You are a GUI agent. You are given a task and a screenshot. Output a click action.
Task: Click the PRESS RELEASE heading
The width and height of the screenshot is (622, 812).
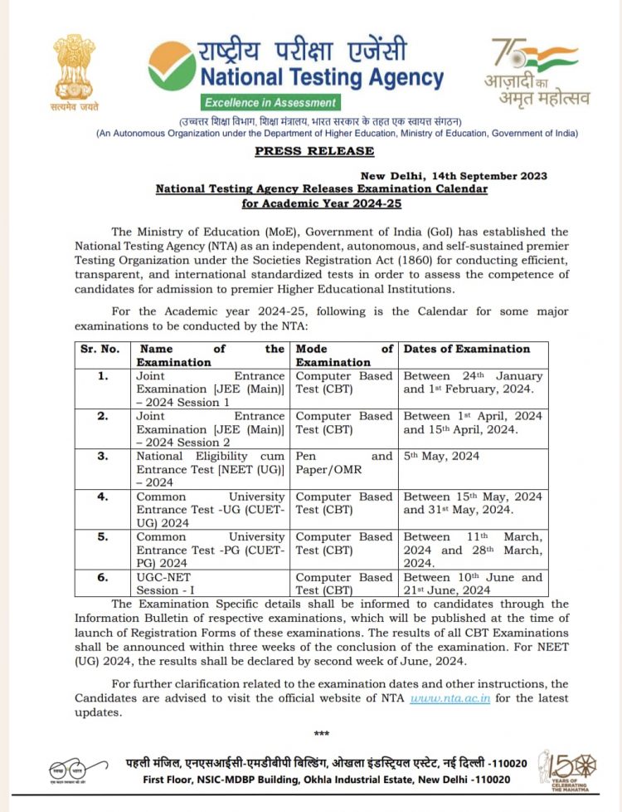click(314, 151)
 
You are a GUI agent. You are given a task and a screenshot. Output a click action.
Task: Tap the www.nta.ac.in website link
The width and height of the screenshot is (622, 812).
click(449, 698)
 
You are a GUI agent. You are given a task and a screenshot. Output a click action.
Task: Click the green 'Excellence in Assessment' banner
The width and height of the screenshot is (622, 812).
click(271, 103)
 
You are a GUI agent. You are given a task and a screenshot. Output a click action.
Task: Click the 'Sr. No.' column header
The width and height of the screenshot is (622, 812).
click(100, 349)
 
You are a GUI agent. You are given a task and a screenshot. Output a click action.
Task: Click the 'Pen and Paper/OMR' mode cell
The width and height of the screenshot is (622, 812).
click(343, 463)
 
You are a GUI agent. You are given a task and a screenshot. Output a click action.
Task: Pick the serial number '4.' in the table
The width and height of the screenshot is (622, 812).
click(103, 496)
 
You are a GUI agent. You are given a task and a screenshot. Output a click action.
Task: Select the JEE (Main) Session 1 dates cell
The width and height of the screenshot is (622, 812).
click(473, 383)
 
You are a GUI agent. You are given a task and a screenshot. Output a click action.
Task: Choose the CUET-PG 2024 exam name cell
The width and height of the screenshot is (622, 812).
click(211, 550)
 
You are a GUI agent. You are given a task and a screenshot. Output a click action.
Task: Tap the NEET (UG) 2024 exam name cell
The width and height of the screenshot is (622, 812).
click(211, 470)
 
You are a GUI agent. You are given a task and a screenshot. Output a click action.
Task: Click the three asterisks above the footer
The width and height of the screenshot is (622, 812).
click(322, 733)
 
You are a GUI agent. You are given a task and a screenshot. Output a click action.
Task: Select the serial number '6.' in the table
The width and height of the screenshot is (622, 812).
click(103, 577)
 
